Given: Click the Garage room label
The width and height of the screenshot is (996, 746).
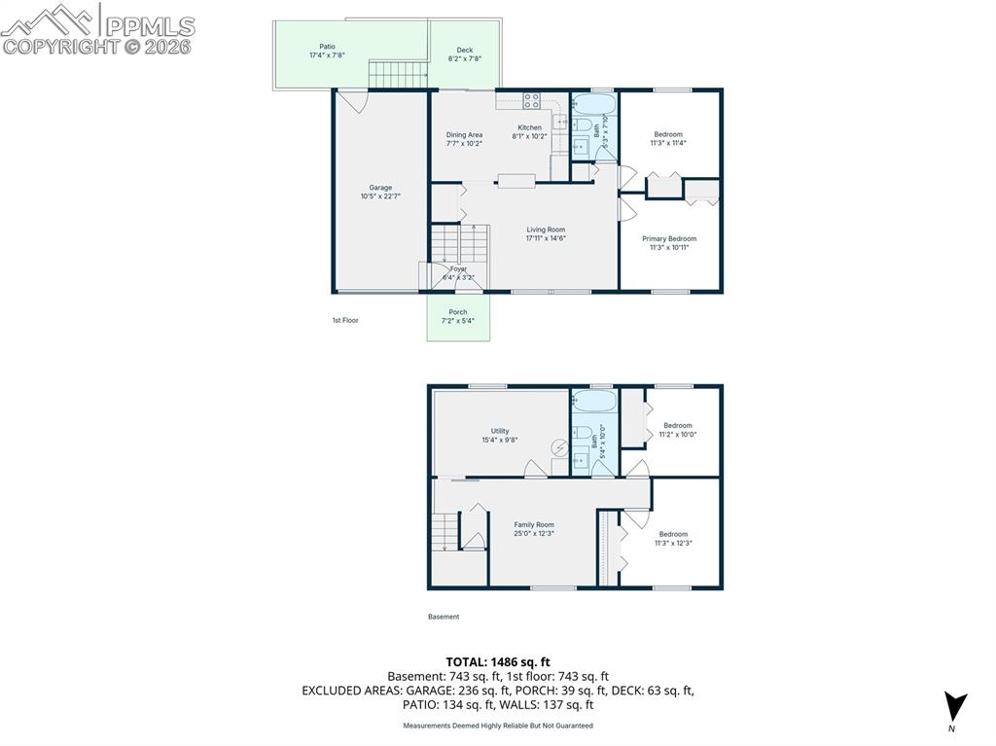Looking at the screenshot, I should (x=380, y=188).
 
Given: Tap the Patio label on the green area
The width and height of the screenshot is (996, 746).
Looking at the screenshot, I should (x=328, y=46).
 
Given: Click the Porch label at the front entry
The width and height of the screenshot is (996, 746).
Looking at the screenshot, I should (x=457, y=312).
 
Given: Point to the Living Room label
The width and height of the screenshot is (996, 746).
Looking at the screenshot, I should (x=546, y=230).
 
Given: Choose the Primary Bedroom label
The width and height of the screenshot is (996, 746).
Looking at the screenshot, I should (x=669, y=238).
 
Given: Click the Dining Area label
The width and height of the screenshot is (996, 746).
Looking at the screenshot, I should (x=464, y=135).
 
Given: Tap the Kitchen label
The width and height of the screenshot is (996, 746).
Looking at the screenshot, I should (x=529, y=127).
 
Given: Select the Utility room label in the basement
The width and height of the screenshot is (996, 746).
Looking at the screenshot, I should (x=500, y=431).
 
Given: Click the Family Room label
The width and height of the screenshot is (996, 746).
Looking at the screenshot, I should (x=534, y=524).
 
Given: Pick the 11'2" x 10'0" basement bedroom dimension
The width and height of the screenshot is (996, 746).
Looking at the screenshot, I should (x=678, y=435).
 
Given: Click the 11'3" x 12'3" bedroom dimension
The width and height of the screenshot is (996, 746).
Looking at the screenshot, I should (x=673, y=544).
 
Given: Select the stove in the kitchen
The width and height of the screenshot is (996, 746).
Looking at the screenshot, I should (x=532, y=98).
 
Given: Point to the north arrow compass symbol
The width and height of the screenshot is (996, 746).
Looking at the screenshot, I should (x=956, y=704).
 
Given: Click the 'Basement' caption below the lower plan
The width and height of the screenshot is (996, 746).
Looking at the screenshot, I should (x=444, y=617).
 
